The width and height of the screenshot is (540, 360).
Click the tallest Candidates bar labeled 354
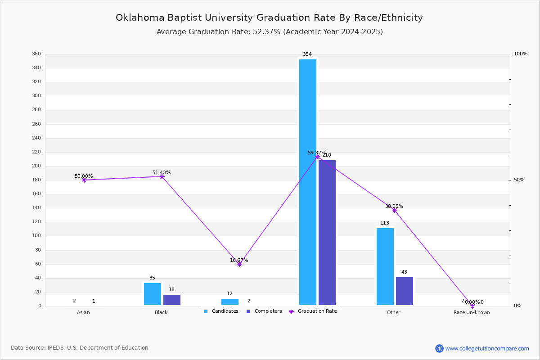click(308, 182)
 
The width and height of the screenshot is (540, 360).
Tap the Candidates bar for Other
click(385, 266)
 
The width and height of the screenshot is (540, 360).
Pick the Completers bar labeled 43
click(405, 291)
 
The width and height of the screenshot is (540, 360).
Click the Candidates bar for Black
click(153, 294)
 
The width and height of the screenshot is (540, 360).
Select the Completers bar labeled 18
click(172, 300)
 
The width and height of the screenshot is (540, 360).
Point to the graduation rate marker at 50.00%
click(84, 180)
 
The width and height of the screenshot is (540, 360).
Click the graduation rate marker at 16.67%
click(239, 264)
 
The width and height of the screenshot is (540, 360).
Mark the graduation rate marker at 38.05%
click(395, 210)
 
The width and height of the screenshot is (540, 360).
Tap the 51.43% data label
click(162, 173)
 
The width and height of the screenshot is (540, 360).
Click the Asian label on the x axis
click(83, 312)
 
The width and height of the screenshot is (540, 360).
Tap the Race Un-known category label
click(472, 312)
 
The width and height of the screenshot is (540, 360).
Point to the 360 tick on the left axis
click(36, 54)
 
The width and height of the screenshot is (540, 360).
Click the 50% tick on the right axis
click(519, 180)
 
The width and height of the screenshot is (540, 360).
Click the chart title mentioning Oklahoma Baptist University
click(269, 18)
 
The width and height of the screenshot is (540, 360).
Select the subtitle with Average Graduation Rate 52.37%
click(269, 32)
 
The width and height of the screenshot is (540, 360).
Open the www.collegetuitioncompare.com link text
click(487, 348)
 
